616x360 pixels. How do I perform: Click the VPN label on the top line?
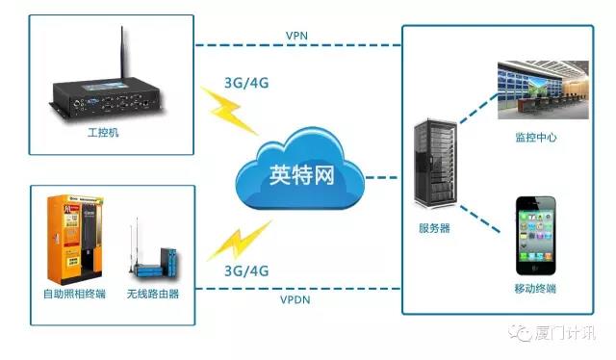click(x=297, y=36)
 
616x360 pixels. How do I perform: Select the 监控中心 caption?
click(x=536, y=139)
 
